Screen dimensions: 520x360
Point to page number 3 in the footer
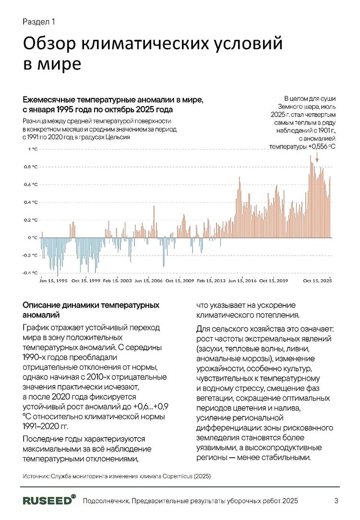pos(336,501)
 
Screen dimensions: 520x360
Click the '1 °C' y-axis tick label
pos(32,149)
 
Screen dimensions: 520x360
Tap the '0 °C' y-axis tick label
pos(32,237)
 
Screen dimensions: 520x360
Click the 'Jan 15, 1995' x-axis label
pos(53,281)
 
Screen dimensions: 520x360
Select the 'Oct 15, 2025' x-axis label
pos(317,281)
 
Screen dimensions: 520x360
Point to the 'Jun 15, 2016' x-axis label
pos(242,281)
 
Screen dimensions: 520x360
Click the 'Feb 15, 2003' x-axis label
pos(117,281)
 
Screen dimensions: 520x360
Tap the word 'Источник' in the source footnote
pos(36,476)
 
